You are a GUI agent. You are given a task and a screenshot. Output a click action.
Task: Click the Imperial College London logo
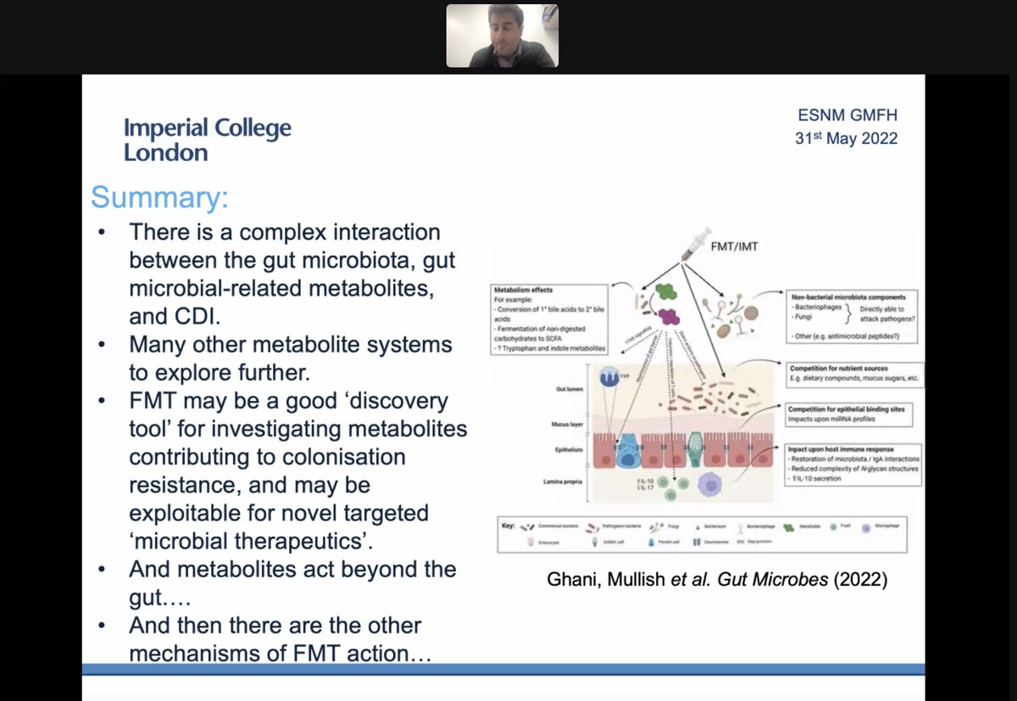207,140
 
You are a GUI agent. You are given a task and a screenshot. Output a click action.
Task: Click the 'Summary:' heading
159,197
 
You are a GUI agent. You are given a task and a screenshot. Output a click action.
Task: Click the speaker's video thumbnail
502,35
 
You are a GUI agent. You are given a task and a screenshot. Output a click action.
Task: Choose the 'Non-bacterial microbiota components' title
848,298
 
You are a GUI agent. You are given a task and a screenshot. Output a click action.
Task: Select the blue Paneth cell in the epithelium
628,448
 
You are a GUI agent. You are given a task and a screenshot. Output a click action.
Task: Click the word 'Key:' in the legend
508,526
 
